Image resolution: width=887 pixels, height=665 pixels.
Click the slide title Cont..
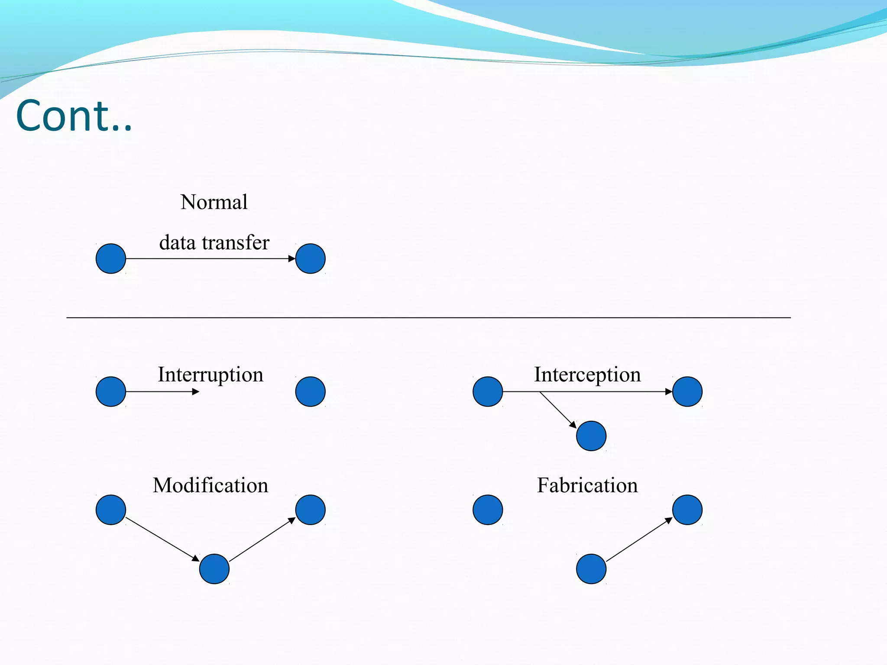tap(74, 116)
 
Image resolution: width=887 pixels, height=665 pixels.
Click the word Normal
tap(214, 202)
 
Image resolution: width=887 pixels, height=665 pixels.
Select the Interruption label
tap(210, 374)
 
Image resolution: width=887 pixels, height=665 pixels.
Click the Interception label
tap(587, 374)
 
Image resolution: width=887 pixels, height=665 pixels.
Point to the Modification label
tap(210, 485)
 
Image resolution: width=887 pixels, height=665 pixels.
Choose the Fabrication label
tap(587, 485)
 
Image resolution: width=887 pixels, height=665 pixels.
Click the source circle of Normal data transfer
tap(111, 258)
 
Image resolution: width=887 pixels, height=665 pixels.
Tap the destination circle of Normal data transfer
tap(310, 258)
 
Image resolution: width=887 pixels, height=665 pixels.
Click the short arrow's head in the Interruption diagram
tap(196, 391)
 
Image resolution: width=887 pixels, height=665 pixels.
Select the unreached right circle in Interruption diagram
tap(310, 391)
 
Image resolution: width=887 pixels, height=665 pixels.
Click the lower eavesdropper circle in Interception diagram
tap(591, 436)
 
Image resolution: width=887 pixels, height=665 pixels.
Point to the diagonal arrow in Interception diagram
tap(558, 410)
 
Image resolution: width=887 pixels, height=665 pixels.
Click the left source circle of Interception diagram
tap(488, 391)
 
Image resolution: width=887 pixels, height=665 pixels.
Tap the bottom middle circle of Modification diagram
tap(214, 569)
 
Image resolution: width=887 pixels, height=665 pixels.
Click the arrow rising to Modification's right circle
tap(262, 539)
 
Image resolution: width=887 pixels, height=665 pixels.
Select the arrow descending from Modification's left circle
tap(162, 539)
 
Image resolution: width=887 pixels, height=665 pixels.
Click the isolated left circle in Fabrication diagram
tap(488, 510)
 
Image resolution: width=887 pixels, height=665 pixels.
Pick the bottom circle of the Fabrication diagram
tap(591, 569)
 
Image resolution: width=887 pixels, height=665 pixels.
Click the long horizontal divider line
tap(429, 318)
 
